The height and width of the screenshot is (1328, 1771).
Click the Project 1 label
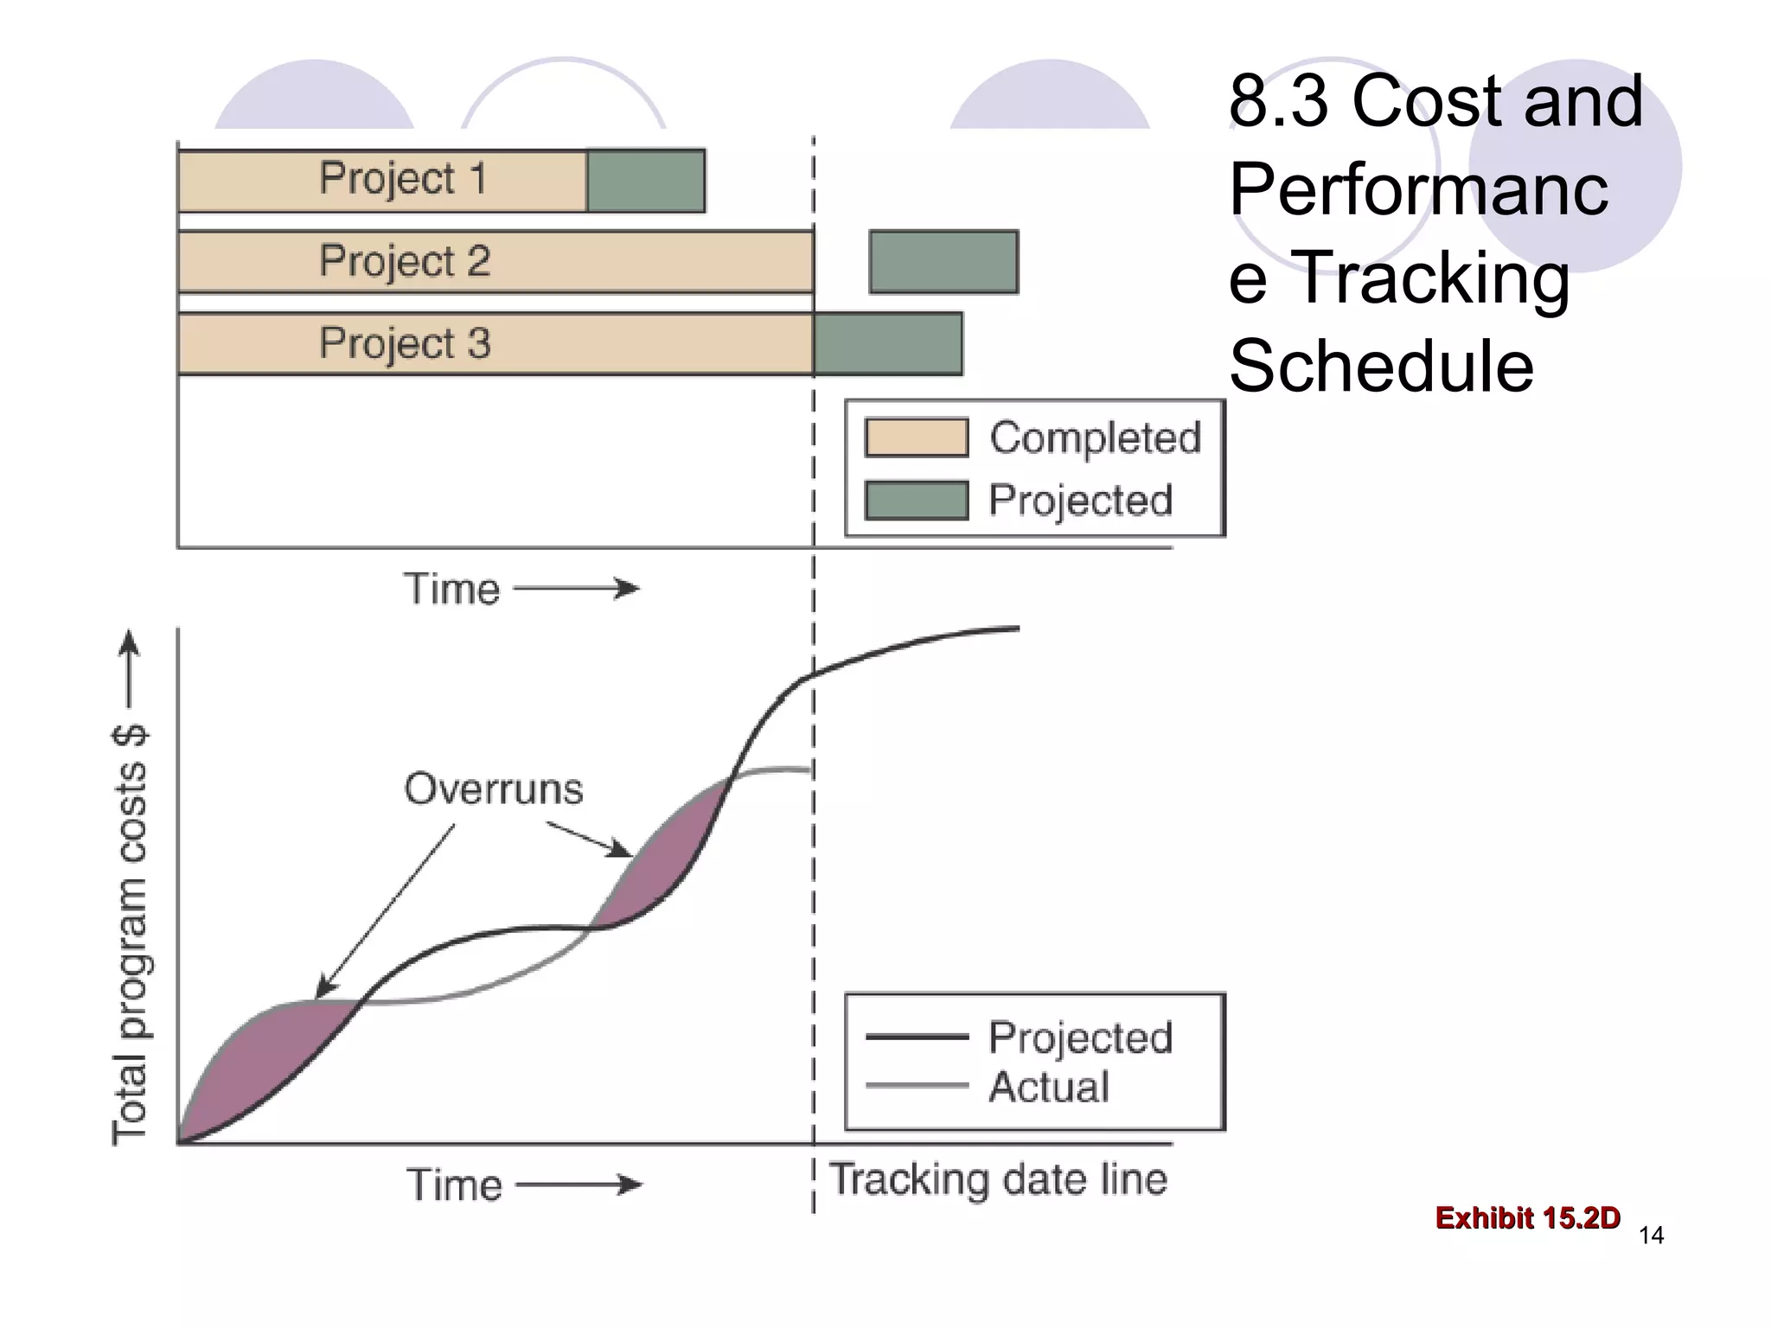pos(403,179)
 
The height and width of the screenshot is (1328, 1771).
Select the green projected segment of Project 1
pos(646,181)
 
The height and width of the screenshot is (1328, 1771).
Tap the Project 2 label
pos(405,261)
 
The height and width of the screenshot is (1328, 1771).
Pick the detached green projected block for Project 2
pos(943,262)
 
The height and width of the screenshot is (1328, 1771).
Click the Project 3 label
pos(405,343)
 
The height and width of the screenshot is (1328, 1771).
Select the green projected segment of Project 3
pos(888,344)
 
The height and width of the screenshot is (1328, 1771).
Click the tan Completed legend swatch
pos(917,437)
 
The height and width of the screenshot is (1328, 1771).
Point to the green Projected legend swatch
pos(917,501)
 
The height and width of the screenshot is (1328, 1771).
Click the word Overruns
pos(494,788)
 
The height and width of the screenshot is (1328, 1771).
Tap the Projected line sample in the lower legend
pos(917,1037)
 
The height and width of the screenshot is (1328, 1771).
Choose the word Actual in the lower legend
pos(1048,1087)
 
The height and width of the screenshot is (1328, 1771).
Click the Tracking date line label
pos(999,1180)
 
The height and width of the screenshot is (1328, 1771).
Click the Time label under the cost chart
pos(455,1184)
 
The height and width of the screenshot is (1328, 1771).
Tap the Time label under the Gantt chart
pos(452,590)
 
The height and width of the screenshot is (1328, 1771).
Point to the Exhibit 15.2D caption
pos(1527,1217)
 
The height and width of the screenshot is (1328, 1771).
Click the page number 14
pos(1651,1235)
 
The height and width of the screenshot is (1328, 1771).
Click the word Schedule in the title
pos(1381,366)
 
